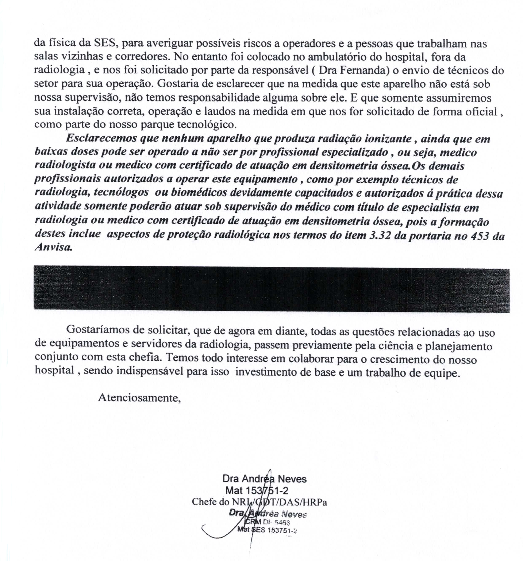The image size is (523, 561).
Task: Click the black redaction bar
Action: point(271,289)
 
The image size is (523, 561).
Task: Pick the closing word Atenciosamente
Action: point(139,398)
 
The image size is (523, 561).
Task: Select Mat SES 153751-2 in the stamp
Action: point(267,530)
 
